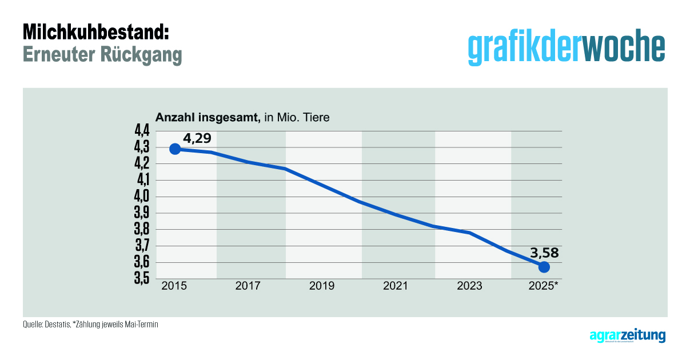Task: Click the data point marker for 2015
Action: pyautogui.click(x=176, y=149)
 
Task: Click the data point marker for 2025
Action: pyautogui.click(x=544, y=267)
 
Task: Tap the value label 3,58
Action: pyautogui.click(x=544, y=253)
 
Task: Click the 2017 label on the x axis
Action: pyautogui.click(x=248, y=286)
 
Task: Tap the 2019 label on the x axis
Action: pyautogui.click(x=322, y=286)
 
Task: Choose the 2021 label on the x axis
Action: pyautogui.click(x=396, y=286)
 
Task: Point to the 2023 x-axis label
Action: pyautogui.click(x=469, y=286)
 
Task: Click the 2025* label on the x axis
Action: pyautogui.click(x=545, y=286)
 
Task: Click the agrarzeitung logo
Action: pyautogui.click(x=627, y=335)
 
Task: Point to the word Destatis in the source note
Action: pyautogui.click(x=58, y=325)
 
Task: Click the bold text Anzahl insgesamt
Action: pyautogui.click(x=209, y=118)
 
